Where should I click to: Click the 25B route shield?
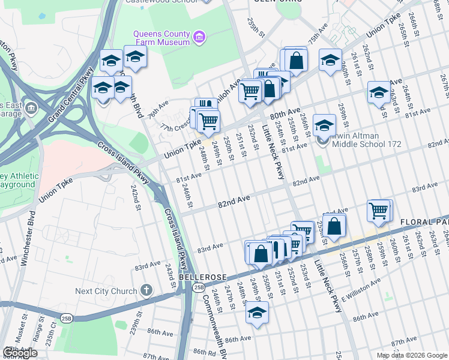pos(198,288)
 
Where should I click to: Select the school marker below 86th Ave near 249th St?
pos(258,313)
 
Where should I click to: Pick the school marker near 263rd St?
pos(379,93)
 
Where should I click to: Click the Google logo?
pos(20,353)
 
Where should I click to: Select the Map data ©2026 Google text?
pos(412,355)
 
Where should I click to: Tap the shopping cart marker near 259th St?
pos(379,211)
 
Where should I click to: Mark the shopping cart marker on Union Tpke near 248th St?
pos(208,121)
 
